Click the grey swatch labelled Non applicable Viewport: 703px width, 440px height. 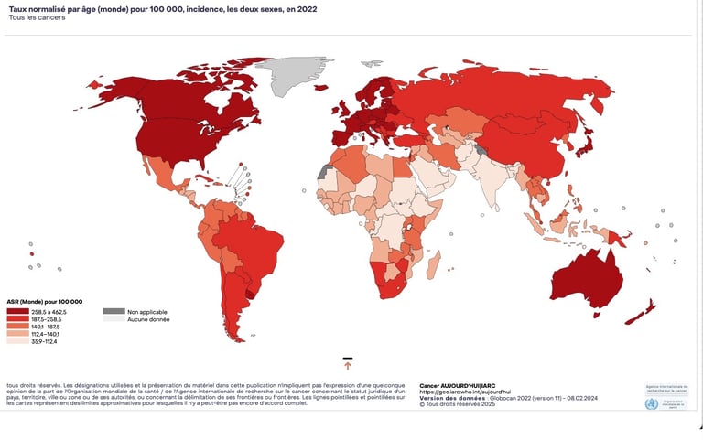click(x=114, y=311)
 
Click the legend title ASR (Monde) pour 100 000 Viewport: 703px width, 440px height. click(x=45, y=302)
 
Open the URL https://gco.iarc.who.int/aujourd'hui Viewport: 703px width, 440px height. click(x=465, y=392)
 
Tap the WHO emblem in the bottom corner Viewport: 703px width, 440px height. click(x=651, y=403)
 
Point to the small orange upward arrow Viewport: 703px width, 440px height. click(x=348, y=366)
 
